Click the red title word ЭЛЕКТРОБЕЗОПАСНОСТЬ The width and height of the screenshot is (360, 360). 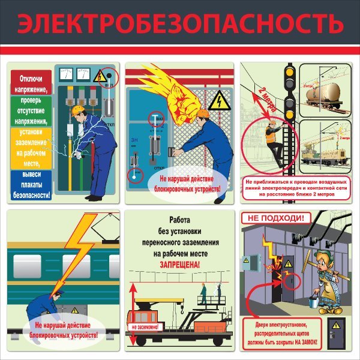(180, 25)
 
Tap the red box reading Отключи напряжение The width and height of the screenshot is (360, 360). (31, 83)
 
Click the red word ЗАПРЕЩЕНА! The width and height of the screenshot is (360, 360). (179, 264)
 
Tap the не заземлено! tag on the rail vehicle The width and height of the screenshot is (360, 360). (144, 327)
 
